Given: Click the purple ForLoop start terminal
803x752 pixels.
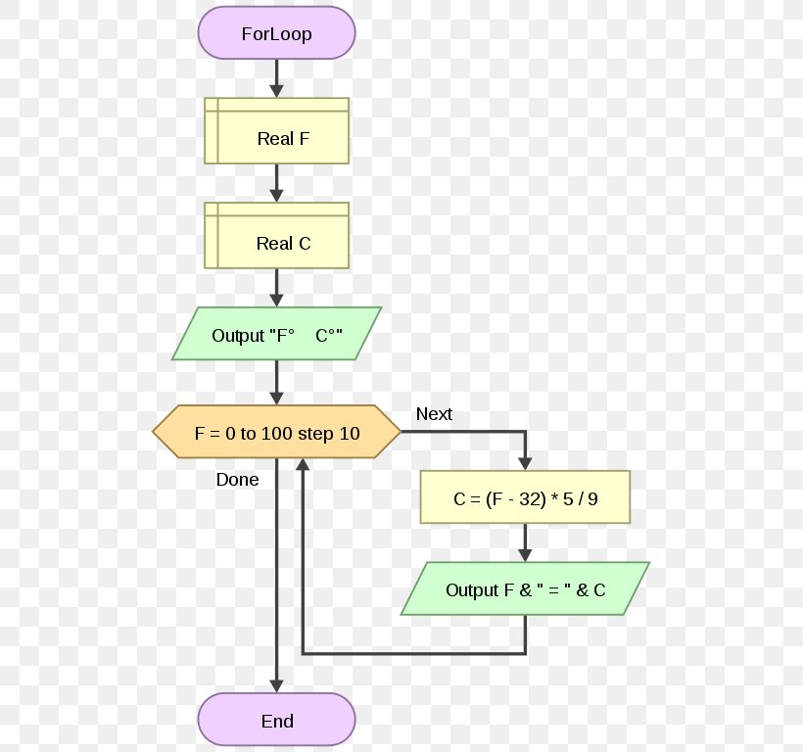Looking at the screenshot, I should point(276,34).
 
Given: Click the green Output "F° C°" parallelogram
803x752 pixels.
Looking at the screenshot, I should point(276,335).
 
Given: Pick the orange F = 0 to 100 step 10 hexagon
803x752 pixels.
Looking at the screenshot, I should point(276,433).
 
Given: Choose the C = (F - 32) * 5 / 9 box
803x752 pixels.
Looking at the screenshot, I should point(525,498).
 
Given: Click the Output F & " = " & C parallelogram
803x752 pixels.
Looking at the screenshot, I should point(525,589).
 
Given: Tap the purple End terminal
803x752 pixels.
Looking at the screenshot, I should point(276,722).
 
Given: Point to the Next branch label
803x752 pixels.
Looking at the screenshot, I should point(434,414).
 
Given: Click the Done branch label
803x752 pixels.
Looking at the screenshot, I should point(238,480).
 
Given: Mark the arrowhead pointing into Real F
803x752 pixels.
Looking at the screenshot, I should point(277,90).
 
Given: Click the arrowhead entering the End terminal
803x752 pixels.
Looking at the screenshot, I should point(277,685).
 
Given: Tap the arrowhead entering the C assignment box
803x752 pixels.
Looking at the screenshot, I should point(525,462).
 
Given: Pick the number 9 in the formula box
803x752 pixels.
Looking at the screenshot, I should point(592,498).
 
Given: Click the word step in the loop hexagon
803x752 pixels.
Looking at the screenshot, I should point(315,433).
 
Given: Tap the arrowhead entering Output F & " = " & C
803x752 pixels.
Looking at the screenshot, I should point(525,554).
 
